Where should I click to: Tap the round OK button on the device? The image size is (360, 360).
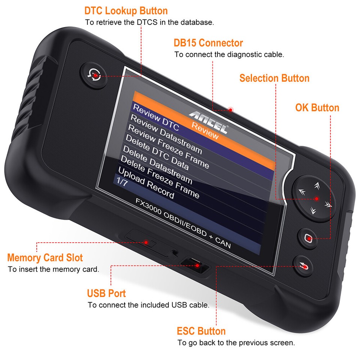pos(309,237)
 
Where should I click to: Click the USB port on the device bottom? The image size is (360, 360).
pos(194,265)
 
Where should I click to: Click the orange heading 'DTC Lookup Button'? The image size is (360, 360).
pos(126,10)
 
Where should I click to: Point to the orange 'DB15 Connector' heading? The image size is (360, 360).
pos(208,43)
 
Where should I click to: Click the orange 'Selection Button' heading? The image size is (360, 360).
pos(274,78)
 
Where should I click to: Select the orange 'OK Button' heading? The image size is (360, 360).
pos(317,108)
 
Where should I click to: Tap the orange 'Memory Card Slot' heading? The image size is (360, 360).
pos(45,258)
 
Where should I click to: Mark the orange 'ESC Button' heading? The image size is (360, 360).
pos(201,331)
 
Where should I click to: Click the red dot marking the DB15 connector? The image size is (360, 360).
pos(231,109)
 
